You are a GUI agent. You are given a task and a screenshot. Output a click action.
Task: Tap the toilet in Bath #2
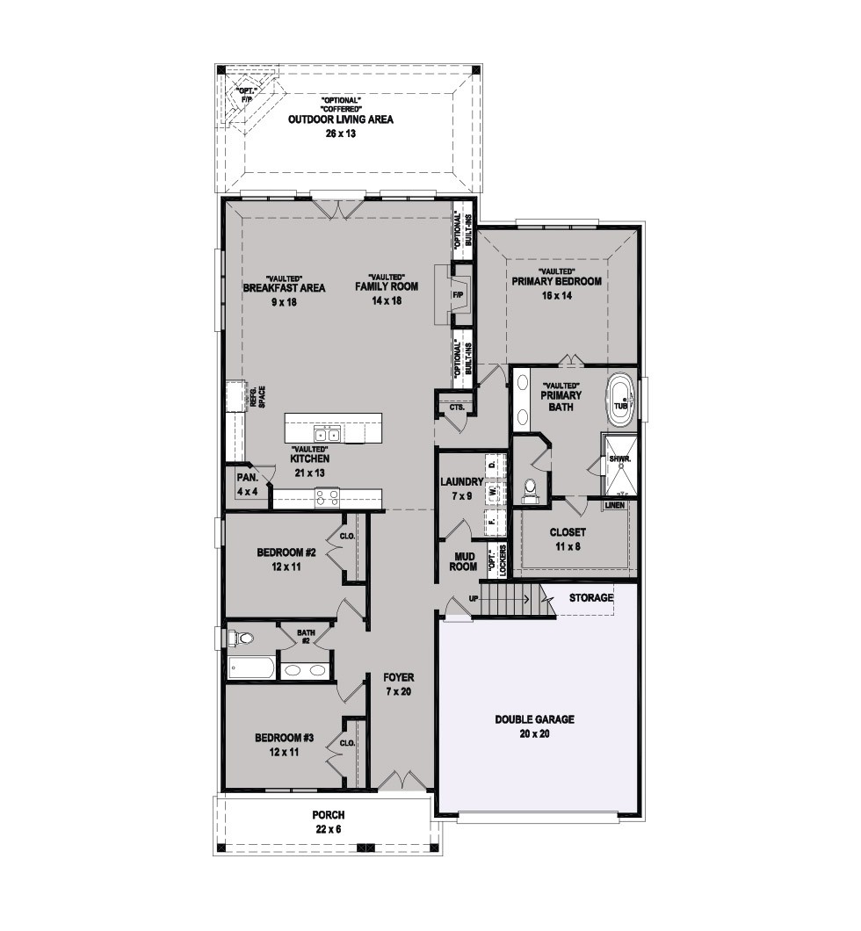[x=242, y=639]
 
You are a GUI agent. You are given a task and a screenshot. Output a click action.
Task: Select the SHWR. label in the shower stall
[x=620, y=459]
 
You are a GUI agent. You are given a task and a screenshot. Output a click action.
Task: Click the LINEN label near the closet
[x=615, y=505]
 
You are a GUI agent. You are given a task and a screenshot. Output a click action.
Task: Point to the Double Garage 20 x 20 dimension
[x=534, y=733]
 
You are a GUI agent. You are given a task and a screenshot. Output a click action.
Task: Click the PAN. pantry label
[x=247, y=478]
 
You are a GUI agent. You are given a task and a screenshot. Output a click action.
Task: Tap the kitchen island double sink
[x=327, y=434]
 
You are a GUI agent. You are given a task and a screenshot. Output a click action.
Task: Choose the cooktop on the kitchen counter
[x=327, y=497]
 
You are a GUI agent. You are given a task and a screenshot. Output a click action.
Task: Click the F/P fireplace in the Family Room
[x=457, y=294]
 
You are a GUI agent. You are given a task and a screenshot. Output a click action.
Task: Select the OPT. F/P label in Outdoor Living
[x=245, y=96]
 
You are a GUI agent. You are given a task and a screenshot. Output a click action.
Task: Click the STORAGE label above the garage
[x=590, y=597]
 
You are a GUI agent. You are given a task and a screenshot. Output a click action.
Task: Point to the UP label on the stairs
[x=474, y=598]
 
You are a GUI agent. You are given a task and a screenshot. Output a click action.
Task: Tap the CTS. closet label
[x=456, y=408]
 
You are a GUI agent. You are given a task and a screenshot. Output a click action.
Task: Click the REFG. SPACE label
[x=257, y=397]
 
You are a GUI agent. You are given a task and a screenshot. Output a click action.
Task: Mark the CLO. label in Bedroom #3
[x=347, y=743]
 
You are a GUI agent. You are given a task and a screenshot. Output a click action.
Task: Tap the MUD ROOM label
[x=463, y=561]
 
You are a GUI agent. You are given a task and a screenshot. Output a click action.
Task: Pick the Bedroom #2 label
[x=286, y=552]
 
